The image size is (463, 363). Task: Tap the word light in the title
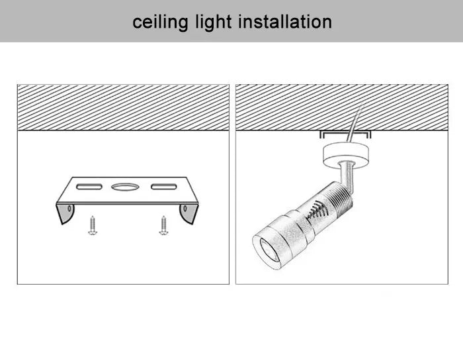coord(213,22)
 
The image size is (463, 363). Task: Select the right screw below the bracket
coord(163,227)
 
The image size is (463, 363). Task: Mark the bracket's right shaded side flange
coord(188,213)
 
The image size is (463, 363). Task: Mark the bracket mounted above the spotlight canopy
coord(345,134)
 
